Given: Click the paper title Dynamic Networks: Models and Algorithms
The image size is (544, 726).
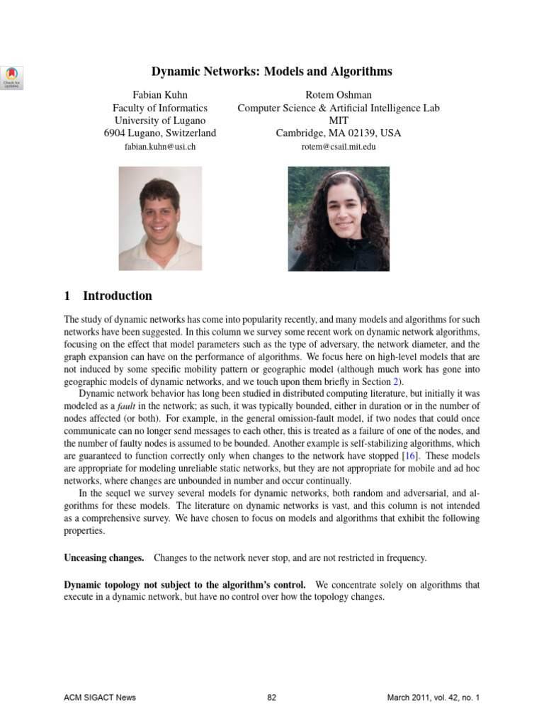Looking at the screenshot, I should (x=272, y=72).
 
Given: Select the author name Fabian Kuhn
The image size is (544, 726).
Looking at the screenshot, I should (x=160, y=95).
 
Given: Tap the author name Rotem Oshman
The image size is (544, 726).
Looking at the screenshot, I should (x=338, y=95).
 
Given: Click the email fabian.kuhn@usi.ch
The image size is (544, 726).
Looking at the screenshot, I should (x=160, y=147).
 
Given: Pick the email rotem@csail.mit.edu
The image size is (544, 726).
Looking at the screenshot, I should (x=338, y=147).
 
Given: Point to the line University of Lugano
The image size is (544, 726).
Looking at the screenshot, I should (x=160, y=121).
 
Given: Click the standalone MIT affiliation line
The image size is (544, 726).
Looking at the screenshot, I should (x=338, y=121).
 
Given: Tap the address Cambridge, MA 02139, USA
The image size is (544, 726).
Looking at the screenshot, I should (x=338, y=133).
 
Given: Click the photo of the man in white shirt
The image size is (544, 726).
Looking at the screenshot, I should (x=160, y=218).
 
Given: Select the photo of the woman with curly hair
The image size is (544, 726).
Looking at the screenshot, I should (x=338, y=218).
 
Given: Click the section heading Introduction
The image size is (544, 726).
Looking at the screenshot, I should (x=117, y=296).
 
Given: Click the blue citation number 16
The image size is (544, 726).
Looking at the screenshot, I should (x=410, y=455).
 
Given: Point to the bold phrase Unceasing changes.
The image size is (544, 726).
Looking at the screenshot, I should (x=103, y=558).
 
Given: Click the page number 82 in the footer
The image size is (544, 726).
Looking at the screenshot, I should (x=271, y=698).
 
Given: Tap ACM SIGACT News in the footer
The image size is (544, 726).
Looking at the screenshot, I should (x=99, y=698).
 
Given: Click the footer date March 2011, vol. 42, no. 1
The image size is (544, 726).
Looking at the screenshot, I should (x=433, y=698).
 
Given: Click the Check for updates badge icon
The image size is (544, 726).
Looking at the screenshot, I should (x=13, y=77).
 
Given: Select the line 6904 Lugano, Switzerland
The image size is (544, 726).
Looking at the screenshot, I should (x=160, y=133).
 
